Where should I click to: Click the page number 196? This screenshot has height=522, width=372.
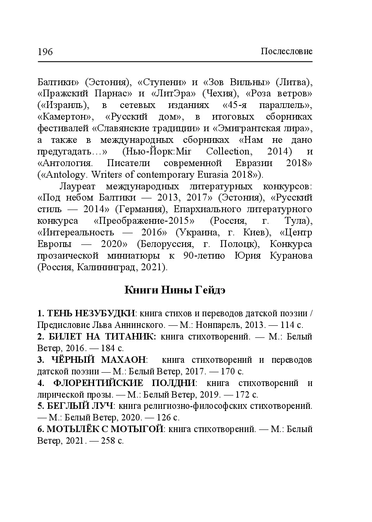[x=45, y=52]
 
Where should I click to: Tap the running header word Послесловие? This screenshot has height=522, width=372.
[x=287, y=52]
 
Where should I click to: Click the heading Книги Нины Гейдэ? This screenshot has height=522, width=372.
[x=175, y=290]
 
